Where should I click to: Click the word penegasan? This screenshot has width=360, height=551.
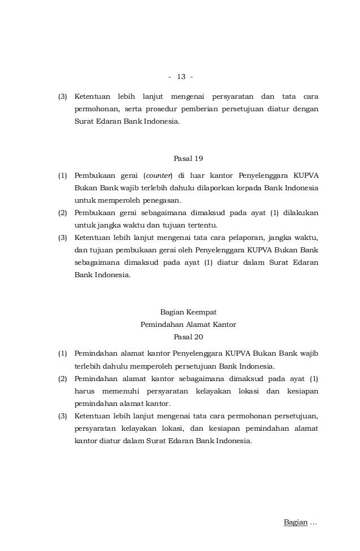point(164,200)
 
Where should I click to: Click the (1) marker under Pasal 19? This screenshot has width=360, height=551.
point(64,176)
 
